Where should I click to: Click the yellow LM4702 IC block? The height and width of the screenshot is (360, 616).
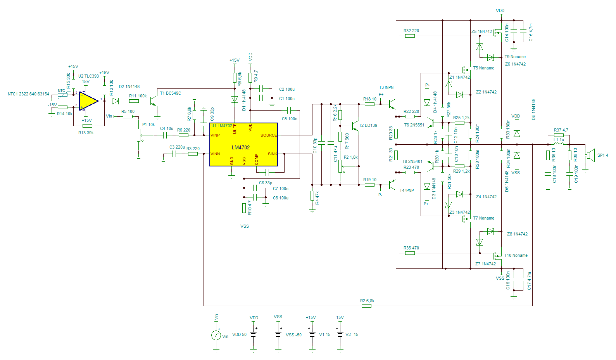pyautogui.click(x=243, y=144)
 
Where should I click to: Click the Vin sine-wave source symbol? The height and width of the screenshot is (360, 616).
pyautogui.click(x=216, y=335)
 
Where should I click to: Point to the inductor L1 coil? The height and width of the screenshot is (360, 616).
pyautogui.click(x=559, y=144)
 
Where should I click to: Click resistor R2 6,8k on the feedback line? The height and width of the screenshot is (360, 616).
pyautogui.click(x=366, y=306)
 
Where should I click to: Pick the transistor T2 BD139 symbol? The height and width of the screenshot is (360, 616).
pyautogui.click(x=354, y=126)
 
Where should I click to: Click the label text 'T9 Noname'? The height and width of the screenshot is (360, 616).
pyautogui.click(x=515, y=57)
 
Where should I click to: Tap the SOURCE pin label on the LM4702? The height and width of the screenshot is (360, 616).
pyautogui.click(x=269, y=135)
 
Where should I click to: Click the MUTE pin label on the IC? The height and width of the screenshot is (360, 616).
pyautogui.click(x=235, y=129)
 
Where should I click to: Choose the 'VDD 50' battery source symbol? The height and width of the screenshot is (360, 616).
pyautogui.click(x=254, y=334)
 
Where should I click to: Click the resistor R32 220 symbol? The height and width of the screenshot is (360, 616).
pyautogui.click(x=410, y=36)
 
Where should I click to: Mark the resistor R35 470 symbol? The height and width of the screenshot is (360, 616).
pyautogui.click(x=410, y=253)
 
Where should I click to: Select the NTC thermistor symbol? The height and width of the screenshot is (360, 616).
pyautogui.click(x=62, y=94)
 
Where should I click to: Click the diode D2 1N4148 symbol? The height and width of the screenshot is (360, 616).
pyautogui.click(x=115, y=101)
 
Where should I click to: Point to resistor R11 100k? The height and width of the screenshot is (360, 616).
pyautogui.click(x=134, y=101)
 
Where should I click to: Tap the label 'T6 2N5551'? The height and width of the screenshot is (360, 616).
pyautogui.click(x=414, y=125)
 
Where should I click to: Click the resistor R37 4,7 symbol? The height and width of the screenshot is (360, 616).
pyautogui.click(x=559, y=135)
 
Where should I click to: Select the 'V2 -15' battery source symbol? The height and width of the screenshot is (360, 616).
pyautogui.click(x=340, y=334)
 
